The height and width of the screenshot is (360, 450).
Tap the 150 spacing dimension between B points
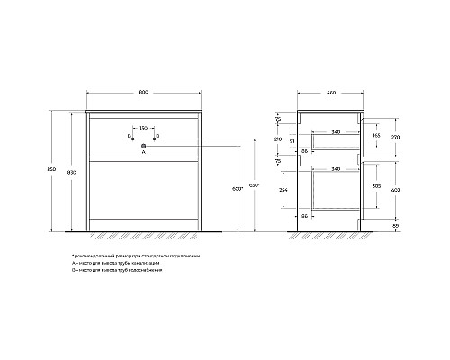pos(143,127)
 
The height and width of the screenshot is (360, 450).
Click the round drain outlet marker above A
pos(143,144)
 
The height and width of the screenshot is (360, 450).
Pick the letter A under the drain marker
pos(143,153)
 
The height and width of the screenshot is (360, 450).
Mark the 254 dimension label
pos(282,192)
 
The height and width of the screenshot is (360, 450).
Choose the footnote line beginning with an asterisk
pos(136,256)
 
